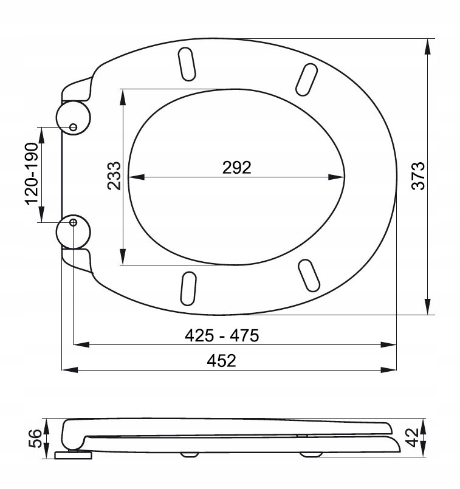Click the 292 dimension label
coord(237,168)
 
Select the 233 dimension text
coord(114,176)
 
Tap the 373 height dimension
coord(418,176)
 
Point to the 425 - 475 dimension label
coord(222,335)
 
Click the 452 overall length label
coord(221,361)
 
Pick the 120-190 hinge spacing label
coord(31,174)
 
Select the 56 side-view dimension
coord(35,438)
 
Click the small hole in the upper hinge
coord(73,127)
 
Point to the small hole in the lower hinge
coord(74,222)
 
